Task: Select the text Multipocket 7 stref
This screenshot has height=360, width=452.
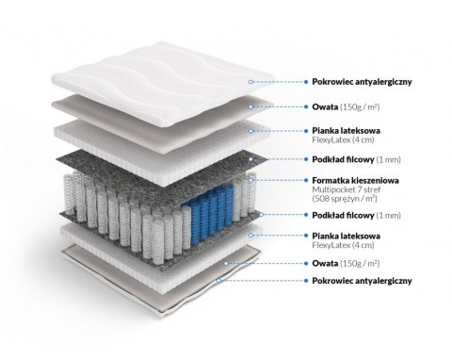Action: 342,189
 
